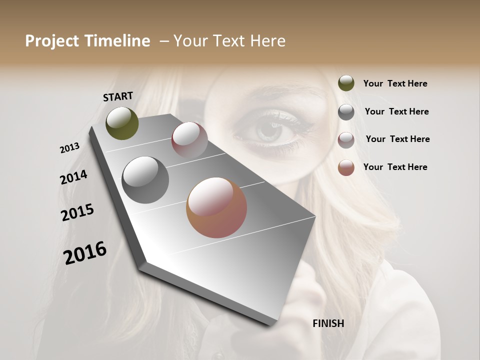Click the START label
pos(118,96)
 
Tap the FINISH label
pos(328,323)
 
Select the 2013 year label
pos(69,148)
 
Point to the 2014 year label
pos(73,177)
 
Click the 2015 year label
pos(77,212)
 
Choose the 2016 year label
pos(85,253)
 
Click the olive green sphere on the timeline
pos(122,123)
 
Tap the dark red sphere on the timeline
pos(189,140)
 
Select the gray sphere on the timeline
pos(145,180)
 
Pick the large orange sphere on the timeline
pos(216,207)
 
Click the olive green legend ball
pos(346,83)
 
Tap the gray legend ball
pos(346,112)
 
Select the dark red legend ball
pos(346,140)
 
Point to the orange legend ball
pos(346,167)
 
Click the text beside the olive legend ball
pos(395,83)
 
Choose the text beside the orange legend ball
pos(395,167)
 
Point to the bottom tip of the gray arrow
pos(272,324)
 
